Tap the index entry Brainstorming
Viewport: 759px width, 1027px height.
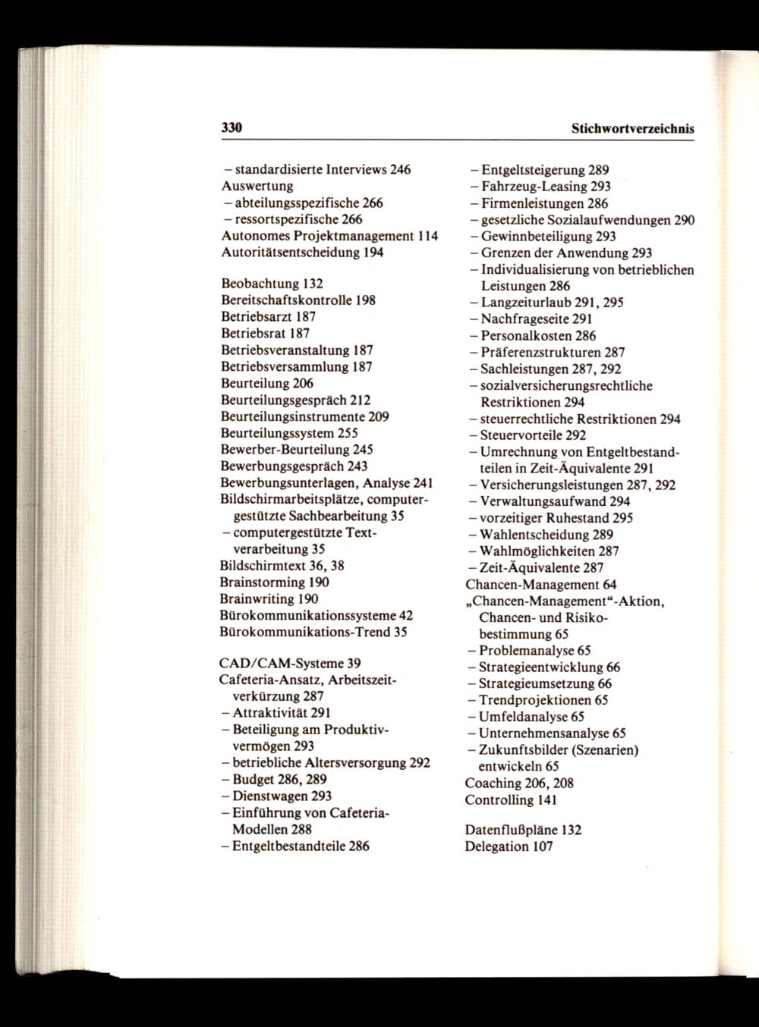(263, 583)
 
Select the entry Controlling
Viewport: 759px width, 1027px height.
(499, 799)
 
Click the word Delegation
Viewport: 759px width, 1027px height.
(496, 846)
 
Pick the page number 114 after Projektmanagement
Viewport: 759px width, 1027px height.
(427, 236)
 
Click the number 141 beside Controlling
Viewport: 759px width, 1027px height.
(547, 799)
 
